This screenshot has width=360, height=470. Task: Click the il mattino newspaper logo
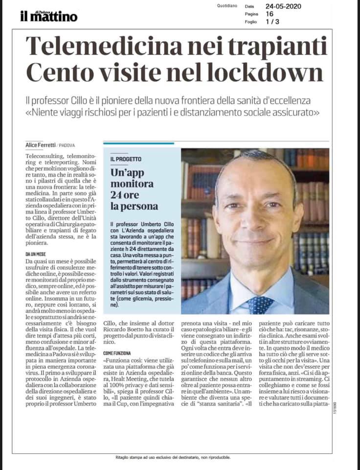tap(48, 16)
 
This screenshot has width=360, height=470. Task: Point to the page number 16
tap(270, 14)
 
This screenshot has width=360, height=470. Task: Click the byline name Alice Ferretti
tap(41, 144)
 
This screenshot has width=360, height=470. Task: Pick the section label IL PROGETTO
tap(126, 160)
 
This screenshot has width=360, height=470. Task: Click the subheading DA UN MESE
tap(36, 254)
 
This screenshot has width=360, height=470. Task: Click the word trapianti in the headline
tap(275, 47)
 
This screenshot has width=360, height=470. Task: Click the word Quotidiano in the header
tap(227, 6)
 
